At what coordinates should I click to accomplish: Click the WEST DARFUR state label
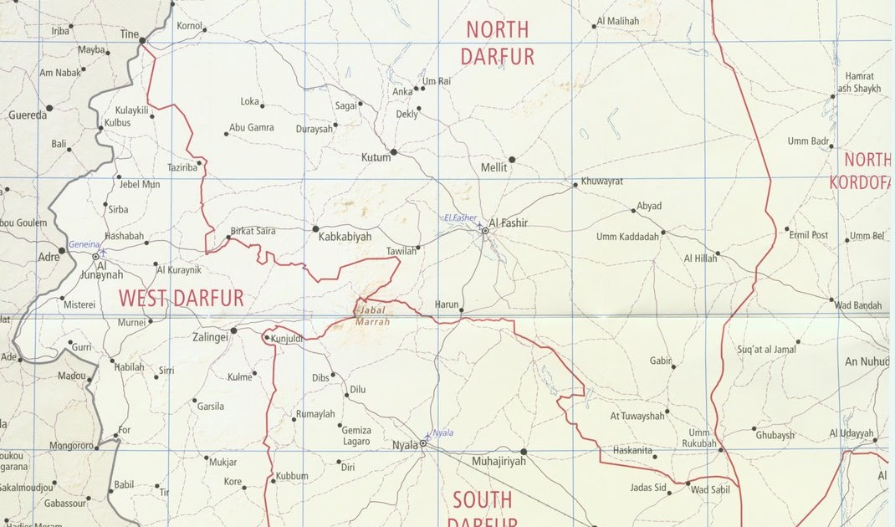(181, 298)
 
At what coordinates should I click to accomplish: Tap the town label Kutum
(376, 157)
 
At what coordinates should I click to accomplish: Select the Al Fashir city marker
(485, 231)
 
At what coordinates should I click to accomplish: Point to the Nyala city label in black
(405, 445)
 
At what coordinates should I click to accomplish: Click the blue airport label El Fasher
(460, 217)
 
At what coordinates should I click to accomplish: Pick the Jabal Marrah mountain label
(372, 315)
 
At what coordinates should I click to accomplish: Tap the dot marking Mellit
(512, 159)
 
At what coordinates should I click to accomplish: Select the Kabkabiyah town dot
(315, 228)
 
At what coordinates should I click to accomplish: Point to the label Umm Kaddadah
(627, 237)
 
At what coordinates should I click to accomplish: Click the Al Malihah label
(618, 21)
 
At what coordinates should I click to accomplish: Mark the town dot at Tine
(143, 40)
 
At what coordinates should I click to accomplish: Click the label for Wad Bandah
(858, 305)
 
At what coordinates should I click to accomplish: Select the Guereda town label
(28, 115)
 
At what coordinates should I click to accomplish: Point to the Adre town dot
(62, 250)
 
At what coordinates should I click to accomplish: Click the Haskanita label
(632, 450)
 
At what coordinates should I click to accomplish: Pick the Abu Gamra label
(252, 128)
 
